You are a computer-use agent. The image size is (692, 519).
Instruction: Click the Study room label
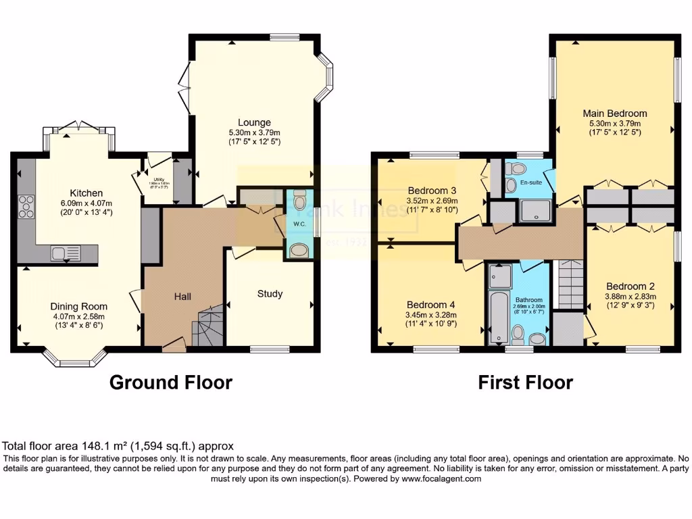pyautogui.click(x=270, y=294)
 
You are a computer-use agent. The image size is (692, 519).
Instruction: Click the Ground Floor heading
pyautogui.click(x=171, y=382)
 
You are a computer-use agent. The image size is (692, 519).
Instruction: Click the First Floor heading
pyautogui.click(x=525, y=382)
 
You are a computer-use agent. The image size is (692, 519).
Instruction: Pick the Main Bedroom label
pyautogui.click(x=615, y=114)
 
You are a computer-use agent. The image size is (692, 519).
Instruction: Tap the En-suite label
pyautogui.click(x=530, y=182)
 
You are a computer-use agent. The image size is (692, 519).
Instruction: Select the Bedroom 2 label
pyautogui.click(x=630, y=286)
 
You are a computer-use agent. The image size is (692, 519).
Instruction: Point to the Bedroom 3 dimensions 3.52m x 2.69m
pyautogui.click(x=432, y=201)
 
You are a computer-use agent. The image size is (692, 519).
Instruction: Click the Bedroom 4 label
pyautogui.click(x=431, y=305)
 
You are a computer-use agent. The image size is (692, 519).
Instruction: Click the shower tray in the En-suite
pyautogui.click(x=535, y=212)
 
